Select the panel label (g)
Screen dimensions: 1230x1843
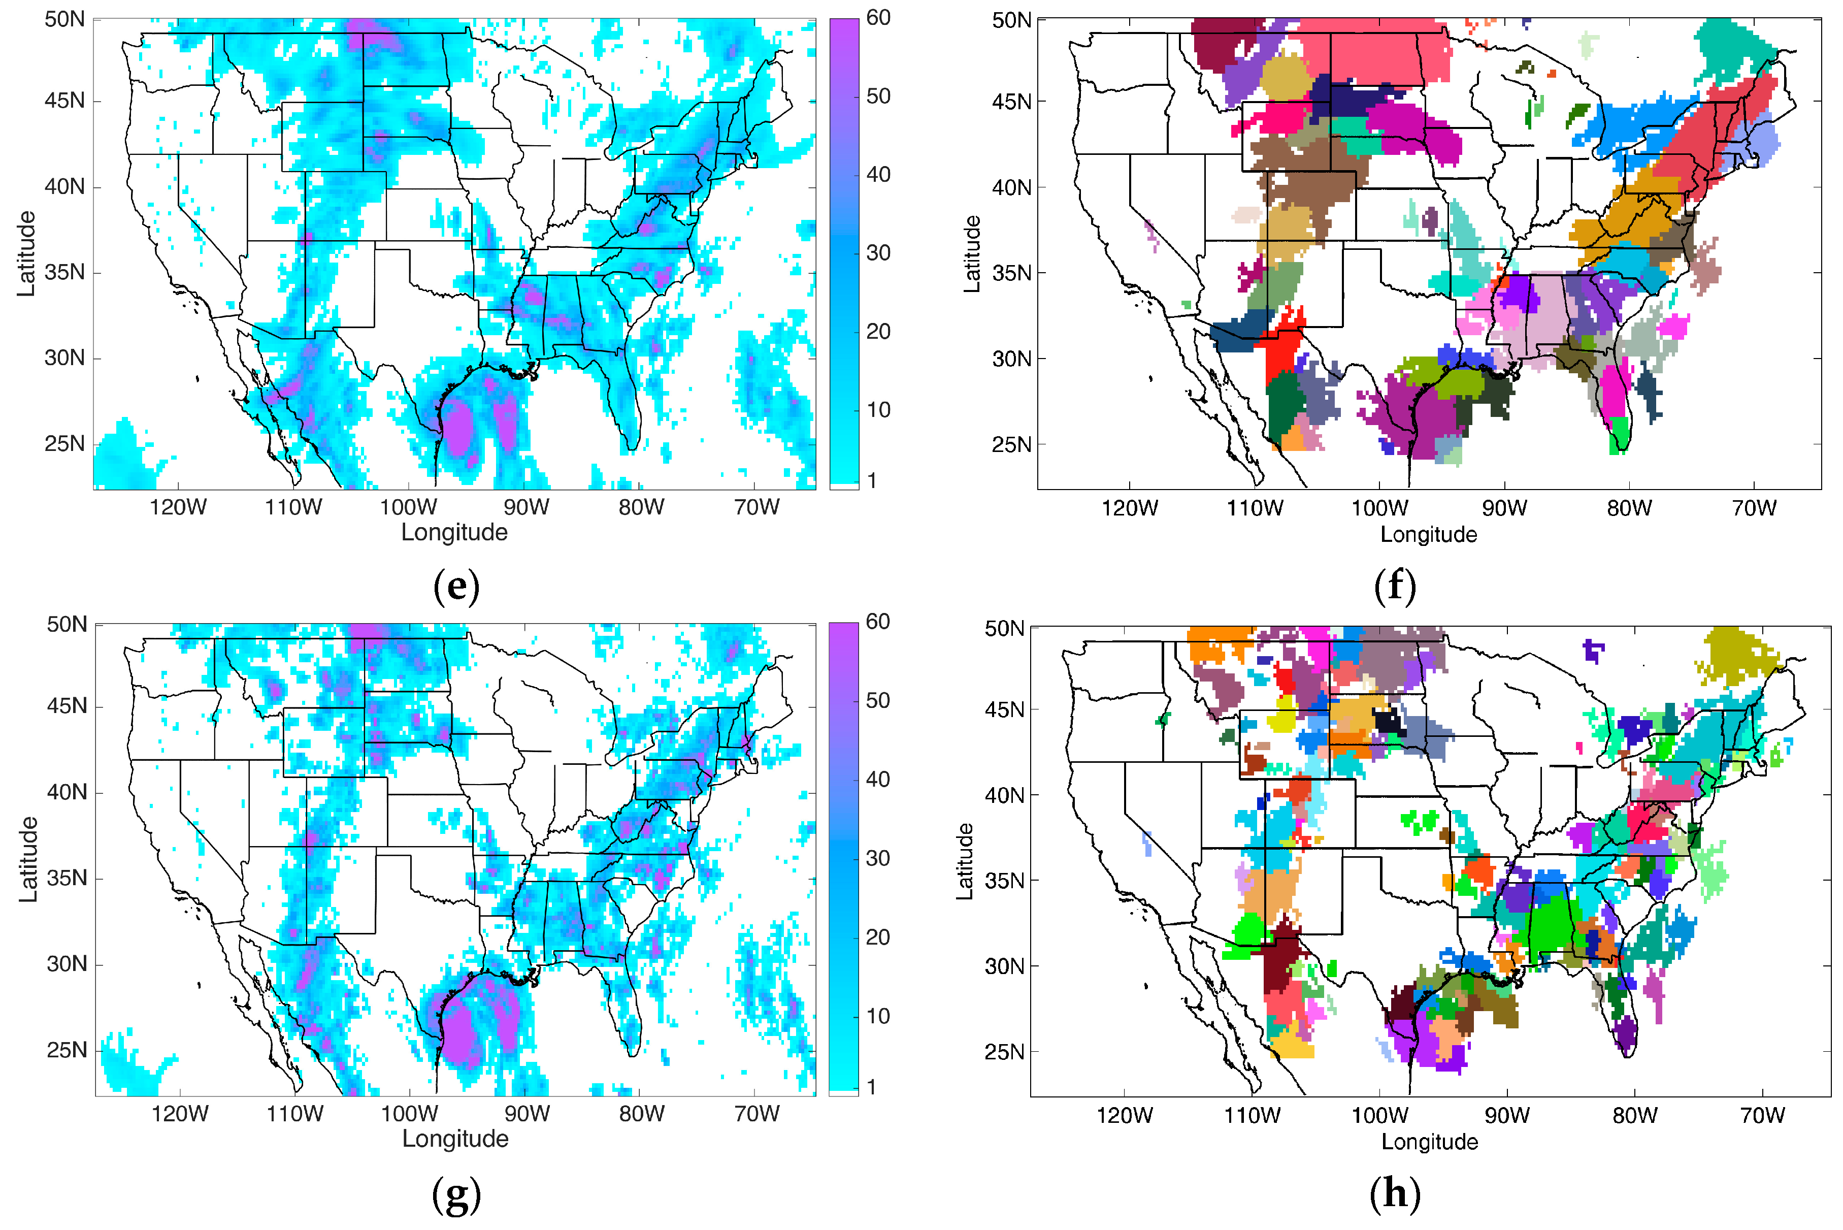pyautogui.click(x=455, y=1194)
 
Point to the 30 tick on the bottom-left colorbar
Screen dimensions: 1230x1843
pyautogui.click(x=877, y=858)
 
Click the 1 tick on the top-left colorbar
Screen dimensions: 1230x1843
pyautogui.click(x=872, y=480)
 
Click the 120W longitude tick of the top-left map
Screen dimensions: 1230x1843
pyautogui.click(x=178, y=507)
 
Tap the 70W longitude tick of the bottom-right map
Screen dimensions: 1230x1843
pyautogui.click(x=1762, y=1115)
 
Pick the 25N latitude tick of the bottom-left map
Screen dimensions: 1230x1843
pyautogui.click(x=67, y=1050)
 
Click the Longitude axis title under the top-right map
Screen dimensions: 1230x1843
pyautogui.click(x=1428, y=535)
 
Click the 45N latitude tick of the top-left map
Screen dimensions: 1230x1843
pyautogui.click(x=64, y=101)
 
